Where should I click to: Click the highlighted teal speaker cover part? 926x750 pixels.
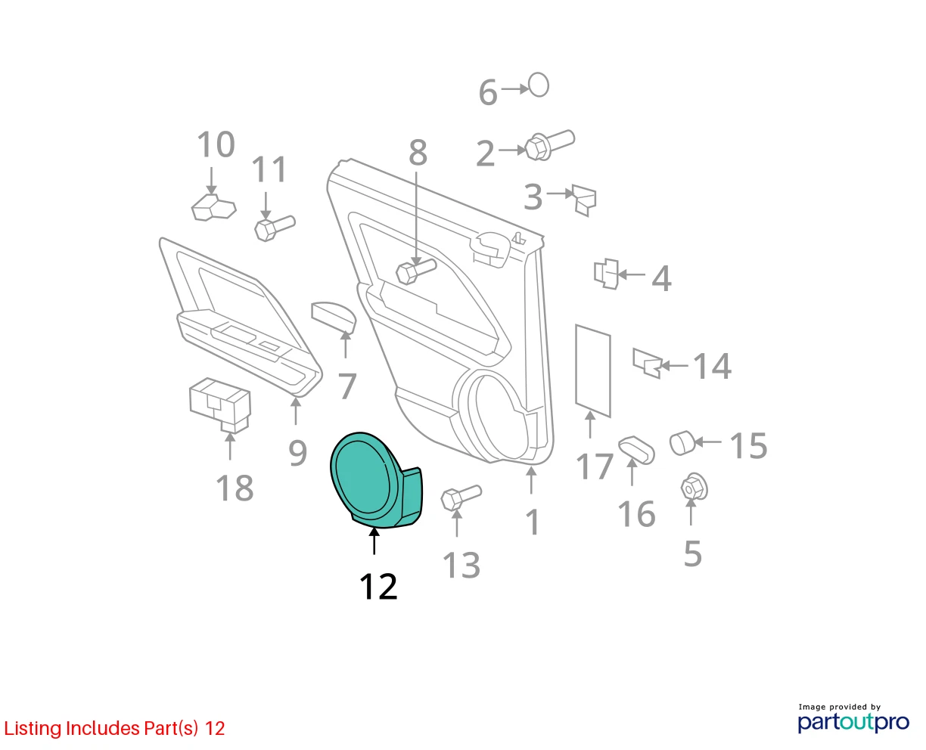click(x=374, y=480)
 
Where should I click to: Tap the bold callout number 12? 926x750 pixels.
click(x=378, y=587)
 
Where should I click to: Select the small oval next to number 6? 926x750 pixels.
click(x=539, y=85)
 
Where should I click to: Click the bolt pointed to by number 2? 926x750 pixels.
click(x=549, y=144)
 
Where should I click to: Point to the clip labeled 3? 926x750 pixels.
click(x=584, y=200)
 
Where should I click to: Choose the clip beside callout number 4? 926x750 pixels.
click(x=607, y=274)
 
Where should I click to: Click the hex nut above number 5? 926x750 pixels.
click(x=694, y=487)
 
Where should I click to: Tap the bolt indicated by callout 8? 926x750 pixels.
click(x=416, y=271)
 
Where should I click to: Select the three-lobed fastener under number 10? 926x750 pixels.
click(x=213, y=207)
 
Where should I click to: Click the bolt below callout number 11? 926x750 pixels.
click(x=275, y=228)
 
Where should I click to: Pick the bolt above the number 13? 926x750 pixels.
click(x=461, y=497)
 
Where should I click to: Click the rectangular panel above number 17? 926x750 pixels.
click(x=593, y=370)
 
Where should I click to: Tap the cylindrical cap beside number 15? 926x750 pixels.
click(x=682, y=443)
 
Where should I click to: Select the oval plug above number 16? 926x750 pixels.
click(x=636, y=450)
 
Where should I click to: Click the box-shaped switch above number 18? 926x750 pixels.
click(x=220, y=405)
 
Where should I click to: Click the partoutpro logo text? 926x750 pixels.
click(x=853, y=723)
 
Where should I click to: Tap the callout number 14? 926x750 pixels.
click(x=712, y=366)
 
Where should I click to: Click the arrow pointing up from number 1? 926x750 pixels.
click(x=531, y=480)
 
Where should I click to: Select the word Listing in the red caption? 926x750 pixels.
click(x=33, y=729)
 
